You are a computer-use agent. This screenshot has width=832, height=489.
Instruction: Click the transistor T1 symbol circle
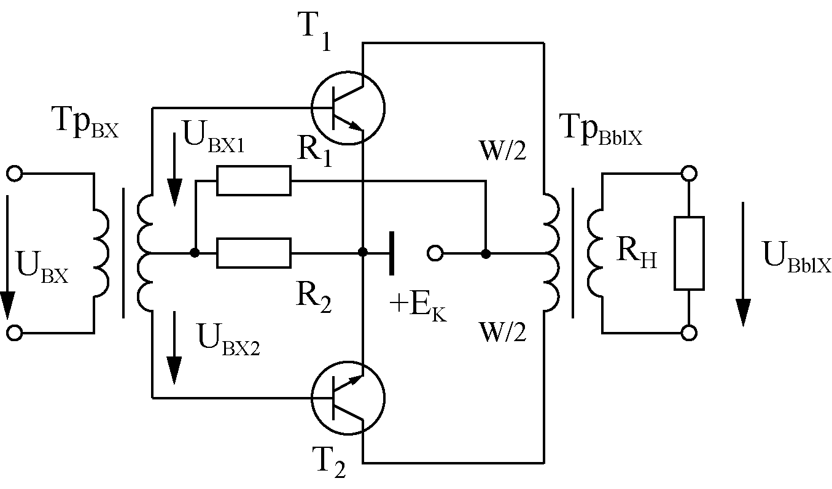click(x=311, y=108)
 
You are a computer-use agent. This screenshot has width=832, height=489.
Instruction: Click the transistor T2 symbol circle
click(x=311, y=398)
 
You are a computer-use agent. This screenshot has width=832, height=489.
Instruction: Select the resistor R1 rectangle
click(x=254, y=180)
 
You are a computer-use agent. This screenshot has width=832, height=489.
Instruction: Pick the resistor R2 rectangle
click(x=254, y=253)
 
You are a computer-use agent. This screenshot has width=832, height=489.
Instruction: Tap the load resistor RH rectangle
click(x=689, y=253)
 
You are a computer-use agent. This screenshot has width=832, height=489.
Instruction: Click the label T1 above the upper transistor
click(x=314, y=31)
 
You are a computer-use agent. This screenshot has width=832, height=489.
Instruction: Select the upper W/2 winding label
click(x=503, y=150)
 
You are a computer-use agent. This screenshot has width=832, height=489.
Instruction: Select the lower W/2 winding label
click(x=503, y=331)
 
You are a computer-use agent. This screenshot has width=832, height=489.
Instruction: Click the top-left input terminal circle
click(x=15, y=174)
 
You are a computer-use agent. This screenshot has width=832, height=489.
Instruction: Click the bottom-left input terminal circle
click(x=15, y=333)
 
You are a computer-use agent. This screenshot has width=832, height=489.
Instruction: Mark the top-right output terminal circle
click(x=689, y=173)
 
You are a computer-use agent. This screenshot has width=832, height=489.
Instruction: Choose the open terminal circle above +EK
click(x=435, y=253)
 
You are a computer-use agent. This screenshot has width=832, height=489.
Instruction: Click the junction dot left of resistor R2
click(x=195, y=253)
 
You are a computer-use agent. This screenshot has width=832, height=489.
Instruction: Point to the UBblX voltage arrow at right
click(x=743, y=264)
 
